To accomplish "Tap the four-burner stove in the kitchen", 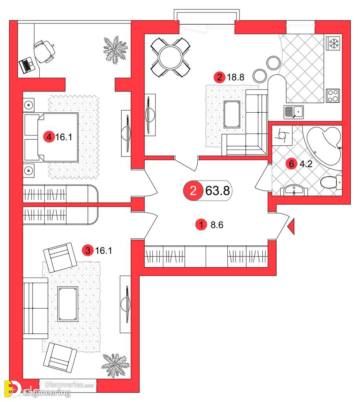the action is coord(333,96).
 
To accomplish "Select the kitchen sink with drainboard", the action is coord(294,112).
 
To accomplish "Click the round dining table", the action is coord(170,57).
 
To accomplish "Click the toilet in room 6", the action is coord(331,182).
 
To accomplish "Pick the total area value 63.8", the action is coord(217,191).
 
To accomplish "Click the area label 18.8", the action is coord(236,77).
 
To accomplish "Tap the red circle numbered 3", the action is coord(88,250).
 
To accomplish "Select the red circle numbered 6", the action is coord(291,164).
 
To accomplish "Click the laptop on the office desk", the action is coord(26,65).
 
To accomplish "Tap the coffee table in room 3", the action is coord(68,304).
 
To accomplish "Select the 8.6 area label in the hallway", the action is coord(217,225).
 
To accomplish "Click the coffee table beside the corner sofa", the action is coord(232,114).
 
